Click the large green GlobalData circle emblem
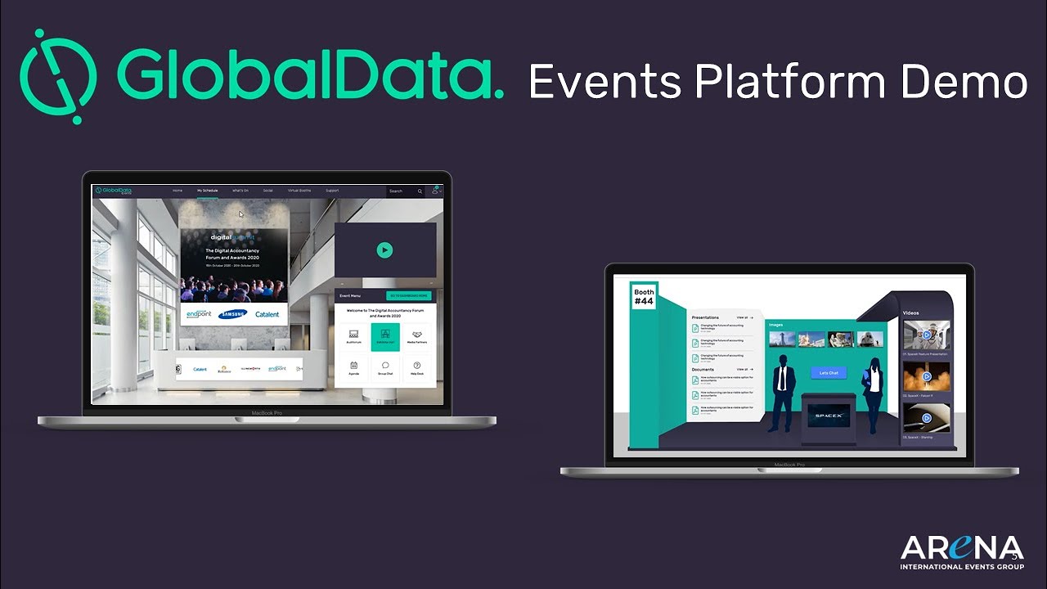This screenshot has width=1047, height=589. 58,76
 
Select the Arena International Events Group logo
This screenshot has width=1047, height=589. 961,552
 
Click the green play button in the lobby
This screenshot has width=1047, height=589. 384,250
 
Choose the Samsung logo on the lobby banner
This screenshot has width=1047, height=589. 232,314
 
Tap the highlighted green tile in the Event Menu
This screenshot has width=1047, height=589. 385,336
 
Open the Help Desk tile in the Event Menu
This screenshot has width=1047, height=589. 416,367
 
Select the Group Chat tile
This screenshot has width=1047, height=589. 385,367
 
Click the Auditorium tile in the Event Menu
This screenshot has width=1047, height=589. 354,336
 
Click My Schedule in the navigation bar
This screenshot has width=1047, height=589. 207,191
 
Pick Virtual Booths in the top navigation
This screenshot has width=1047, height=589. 299,191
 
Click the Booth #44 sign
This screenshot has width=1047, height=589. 644,296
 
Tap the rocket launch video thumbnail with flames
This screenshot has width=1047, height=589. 927,376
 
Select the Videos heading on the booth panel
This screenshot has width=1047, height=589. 910,313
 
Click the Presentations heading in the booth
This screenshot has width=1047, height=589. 705,317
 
